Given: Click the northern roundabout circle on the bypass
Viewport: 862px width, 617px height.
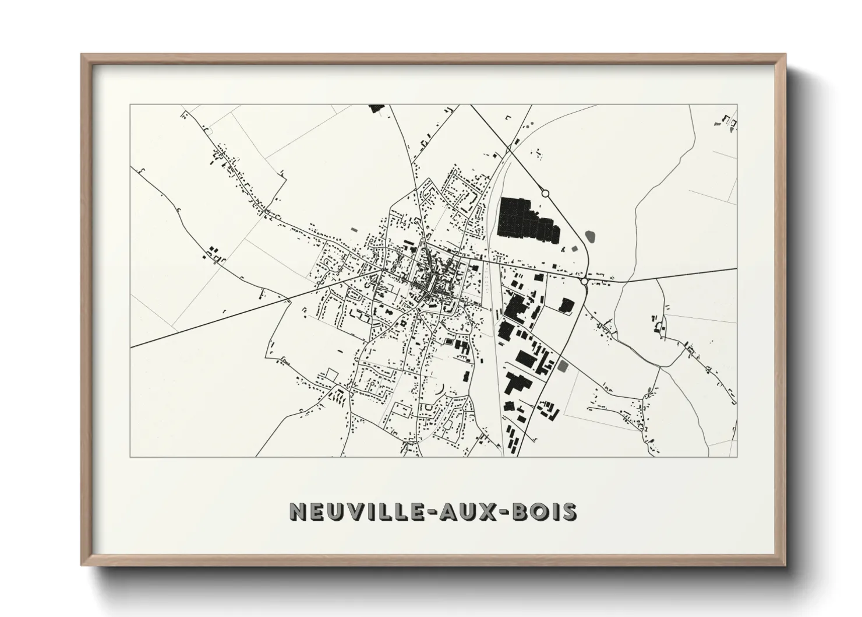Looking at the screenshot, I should click(x=545, y=193).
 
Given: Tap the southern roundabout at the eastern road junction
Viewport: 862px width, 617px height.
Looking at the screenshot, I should click(x=584, y=282).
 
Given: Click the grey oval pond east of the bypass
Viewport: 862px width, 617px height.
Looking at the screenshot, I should click(x=591, y=237).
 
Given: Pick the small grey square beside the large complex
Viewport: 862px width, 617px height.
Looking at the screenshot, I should click(x=575, y=249).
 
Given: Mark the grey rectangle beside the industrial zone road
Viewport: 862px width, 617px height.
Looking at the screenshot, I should click(x=563, y=367).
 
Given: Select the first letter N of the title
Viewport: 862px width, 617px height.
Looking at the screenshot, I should click(x=297, y=512).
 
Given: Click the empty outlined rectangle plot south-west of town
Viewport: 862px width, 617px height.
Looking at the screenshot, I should click(x=332, y=374).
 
